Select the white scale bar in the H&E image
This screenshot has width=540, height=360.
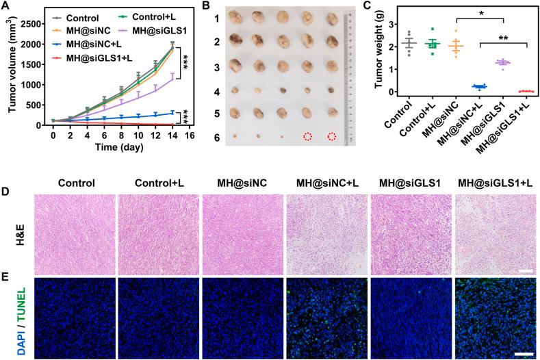526,272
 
